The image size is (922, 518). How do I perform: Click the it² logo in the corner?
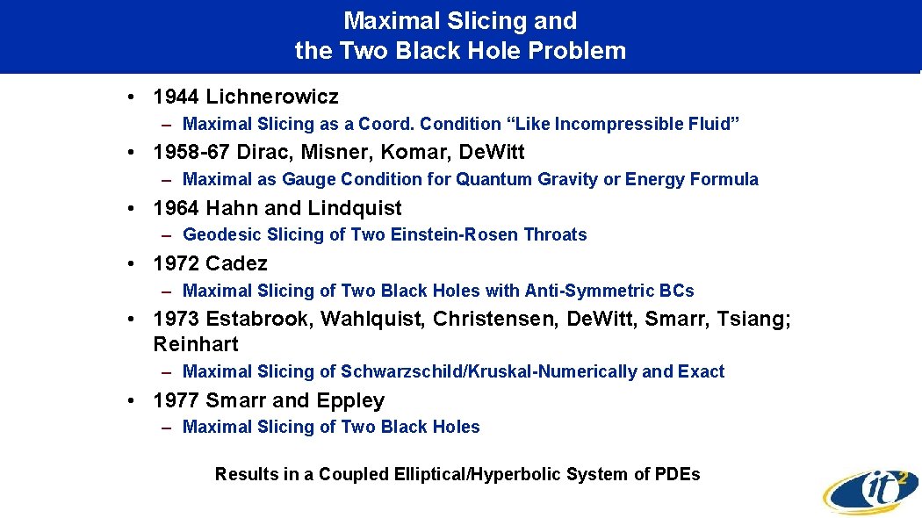tap(870, 489)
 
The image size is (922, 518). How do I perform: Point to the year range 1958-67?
tap(191, 152)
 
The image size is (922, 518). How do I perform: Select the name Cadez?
tap(236, 263)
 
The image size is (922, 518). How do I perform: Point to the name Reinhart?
tap(196, 344)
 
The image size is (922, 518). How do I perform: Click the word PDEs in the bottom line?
tap(679, 474)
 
